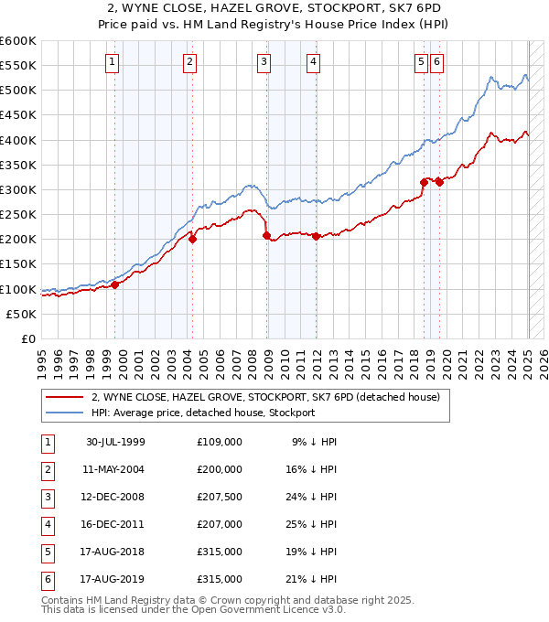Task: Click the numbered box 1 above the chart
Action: coord(112,62)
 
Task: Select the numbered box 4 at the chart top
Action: coord(313,62)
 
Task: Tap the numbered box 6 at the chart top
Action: coord(436,62)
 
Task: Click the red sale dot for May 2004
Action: coord(193,239)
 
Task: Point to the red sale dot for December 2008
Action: coord(267,235)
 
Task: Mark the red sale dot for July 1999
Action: coord(115,284)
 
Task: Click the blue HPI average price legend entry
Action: coord(202,413)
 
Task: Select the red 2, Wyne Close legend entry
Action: coord(265,397)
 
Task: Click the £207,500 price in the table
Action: coord(220,498)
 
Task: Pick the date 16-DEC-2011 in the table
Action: coord(115,525)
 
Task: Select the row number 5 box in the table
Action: coord(46,552)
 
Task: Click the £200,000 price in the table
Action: coord(220,470)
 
